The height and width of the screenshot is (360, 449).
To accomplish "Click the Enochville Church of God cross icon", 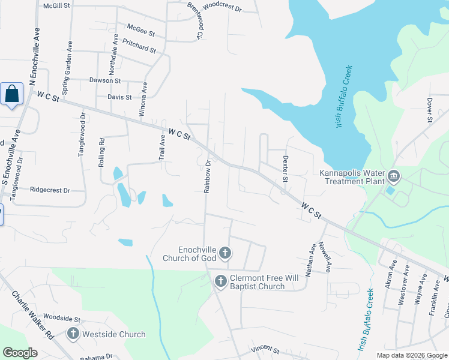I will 224,253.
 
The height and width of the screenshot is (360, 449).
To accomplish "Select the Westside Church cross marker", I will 73,334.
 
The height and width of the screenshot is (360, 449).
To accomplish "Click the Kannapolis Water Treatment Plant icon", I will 394,176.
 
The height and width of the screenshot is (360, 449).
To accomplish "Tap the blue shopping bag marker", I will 12,94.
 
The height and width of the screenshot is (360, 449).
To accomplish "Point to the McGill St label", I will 57,5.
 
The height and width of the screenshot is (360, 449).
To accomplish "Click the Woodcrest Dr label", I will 221,8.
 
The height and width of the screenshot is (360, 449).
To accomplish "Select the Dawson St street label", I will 105,80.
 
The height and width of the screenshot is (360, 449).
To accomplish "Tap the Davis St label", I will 119,96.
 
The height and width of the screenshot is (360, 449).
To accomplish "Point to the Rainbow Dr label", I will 207,175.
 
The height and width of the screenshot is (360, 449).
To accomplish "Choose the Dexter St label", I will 285,169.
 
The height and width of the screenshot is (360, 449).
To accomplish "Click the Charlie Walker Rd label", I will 32,315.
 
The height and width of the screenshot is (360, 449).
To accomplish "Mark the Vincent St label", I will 265,349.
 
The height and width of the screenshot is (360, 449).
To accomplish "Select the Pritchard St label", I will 139,46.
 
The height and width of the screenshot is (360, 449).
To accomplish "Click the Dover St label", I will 430,110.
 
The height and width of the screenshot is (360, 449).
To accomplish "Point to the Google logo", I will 20,353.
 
